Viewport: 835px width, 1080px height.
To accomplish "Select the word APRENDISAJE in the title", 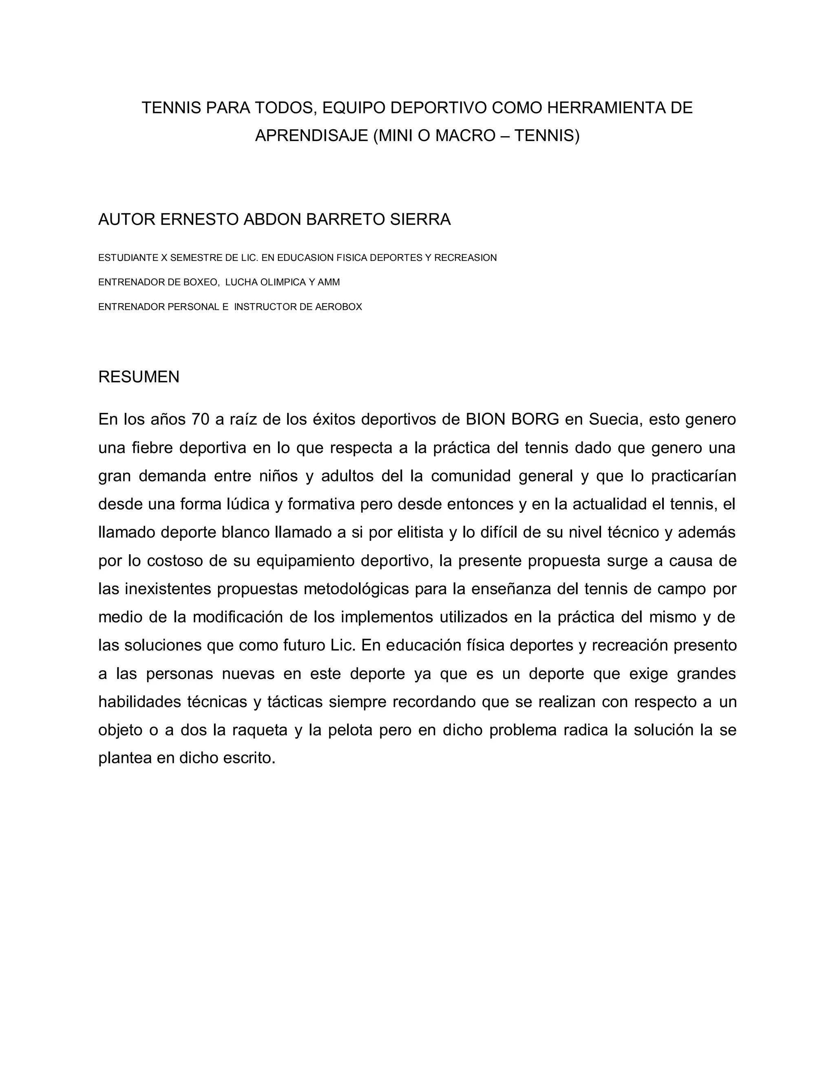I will pyautogui.click(x=311, y=135).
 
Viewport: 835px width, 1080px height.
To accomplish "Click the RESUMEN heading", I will pyautogui.click(x=139, y=377).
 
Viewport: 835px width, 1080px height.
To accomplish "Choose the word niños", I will pyautogui.click(x=278, y=476).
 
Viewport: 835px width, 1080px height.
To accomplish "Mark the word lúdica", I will pyautogui.click(x=248, y=505).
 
